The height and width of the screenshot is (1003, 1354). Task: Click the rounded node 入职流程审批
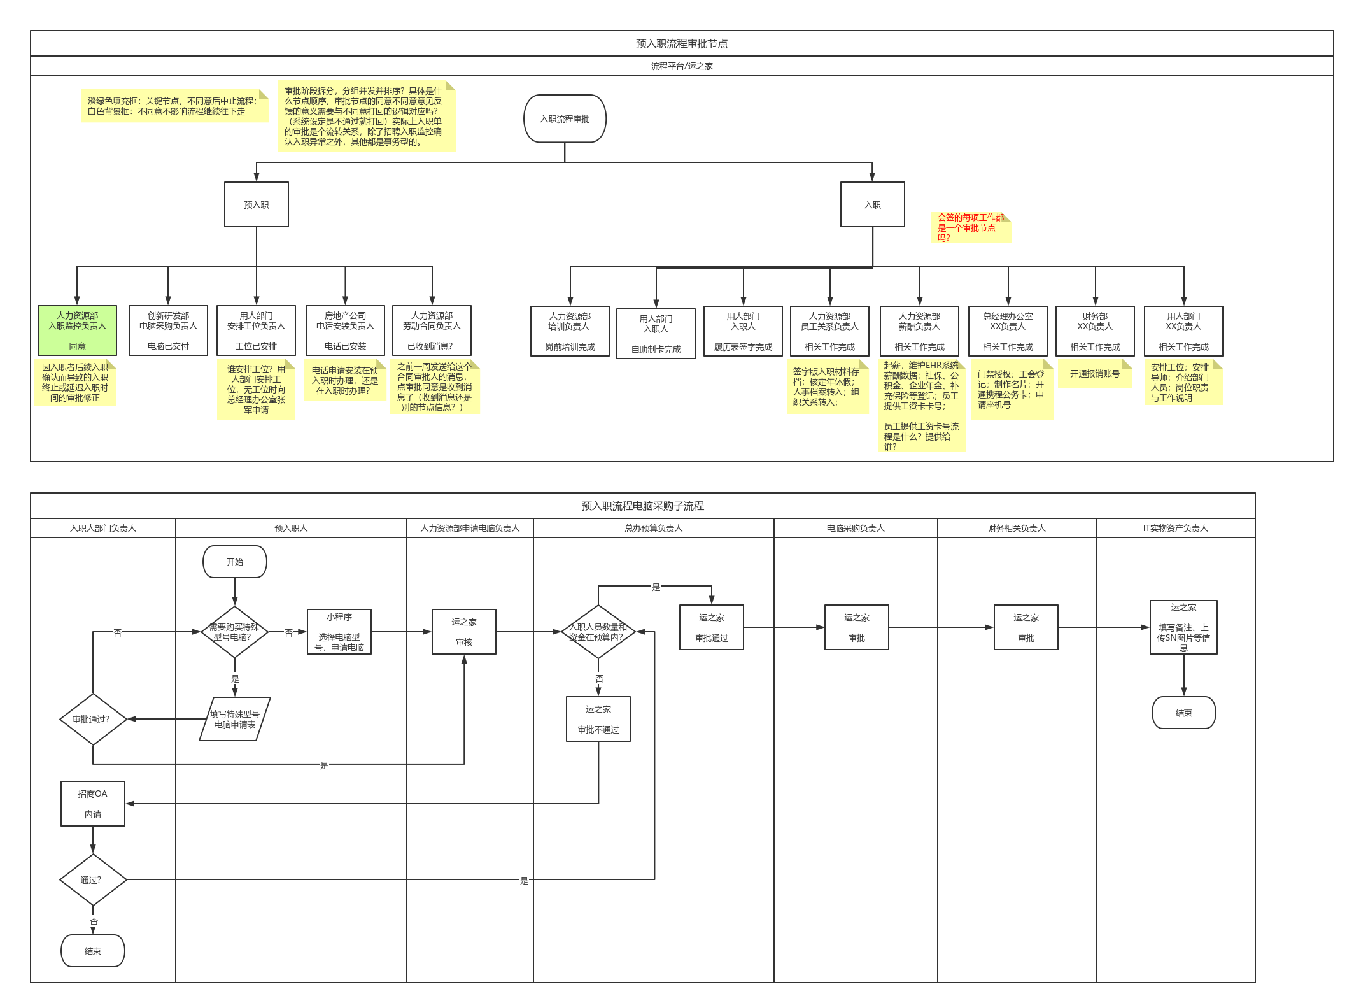565,119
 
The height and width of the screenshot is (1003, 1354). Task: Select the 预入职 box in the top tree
256,204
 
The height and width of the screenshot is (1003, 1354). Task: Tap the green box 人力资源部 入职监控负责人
77,331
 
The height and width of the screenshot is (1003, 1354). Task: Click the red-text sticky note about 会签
971,227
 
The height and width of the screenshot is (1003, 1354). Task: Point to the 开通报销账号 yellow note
1094,374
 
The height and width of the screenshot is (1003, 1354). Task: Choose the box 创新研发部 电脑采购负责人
168,331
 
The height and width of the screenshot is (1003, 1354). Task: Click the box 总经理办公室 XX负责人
1007,331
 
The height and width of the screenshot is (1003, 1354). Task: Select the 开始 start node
234,562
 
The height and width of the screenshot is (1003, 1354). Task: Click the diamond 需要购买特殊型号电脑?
234,632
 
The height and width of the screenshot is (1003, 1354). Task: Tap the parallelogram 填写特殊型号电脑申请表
234,719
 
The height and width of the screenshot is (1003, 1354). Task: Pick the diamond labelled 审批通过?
93,719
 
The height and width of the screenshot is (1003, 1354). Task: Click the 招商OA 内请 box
93,804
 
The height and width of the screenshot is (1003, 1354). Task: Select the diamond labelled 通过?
93,879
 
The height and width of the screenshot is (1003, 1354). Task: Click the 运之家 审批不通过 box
598,719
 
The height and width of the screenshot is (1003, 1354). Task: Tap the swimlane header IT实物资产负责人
1175,528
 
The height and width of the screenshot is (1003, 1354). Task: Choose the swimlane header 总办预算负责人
653,528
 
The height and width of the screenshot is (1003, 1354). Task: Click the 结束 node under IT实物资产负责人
1183,713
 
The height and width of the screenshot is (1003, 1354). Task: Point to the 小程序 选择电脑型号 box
339,632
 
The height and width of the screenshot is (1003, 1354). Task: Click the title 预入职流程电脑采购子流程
642,506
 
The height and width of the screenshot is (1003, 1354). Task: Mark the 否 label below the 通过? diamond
94,921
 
